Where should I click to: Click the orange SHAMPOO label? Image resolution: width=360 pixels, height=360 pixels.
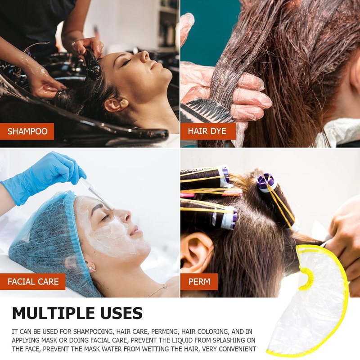coord(27,131)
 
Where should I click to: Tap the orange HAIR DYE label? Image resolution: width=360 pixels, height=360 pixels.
coord(208,131)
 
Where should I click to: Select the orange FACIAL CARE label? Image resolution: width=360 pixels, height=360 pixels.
coord(32,282)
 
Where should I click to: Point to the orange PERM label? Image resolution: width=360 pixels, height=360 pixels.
coord(199,282)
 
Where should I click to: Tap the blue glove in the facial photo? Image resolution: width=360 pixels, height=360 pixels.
coord(44,177)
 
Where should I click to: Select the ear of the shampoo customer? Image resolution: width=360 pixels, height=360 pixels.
coord(116,104)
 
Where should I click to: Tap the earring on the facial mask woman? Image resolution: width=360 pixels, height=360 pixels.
coord(92,269)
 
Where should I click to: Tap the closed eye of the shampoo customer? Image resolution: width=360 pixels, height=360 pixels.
coord(126,62)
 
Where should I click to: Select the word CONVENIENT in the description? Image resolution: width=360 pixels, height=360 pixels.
coord(237,349)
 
